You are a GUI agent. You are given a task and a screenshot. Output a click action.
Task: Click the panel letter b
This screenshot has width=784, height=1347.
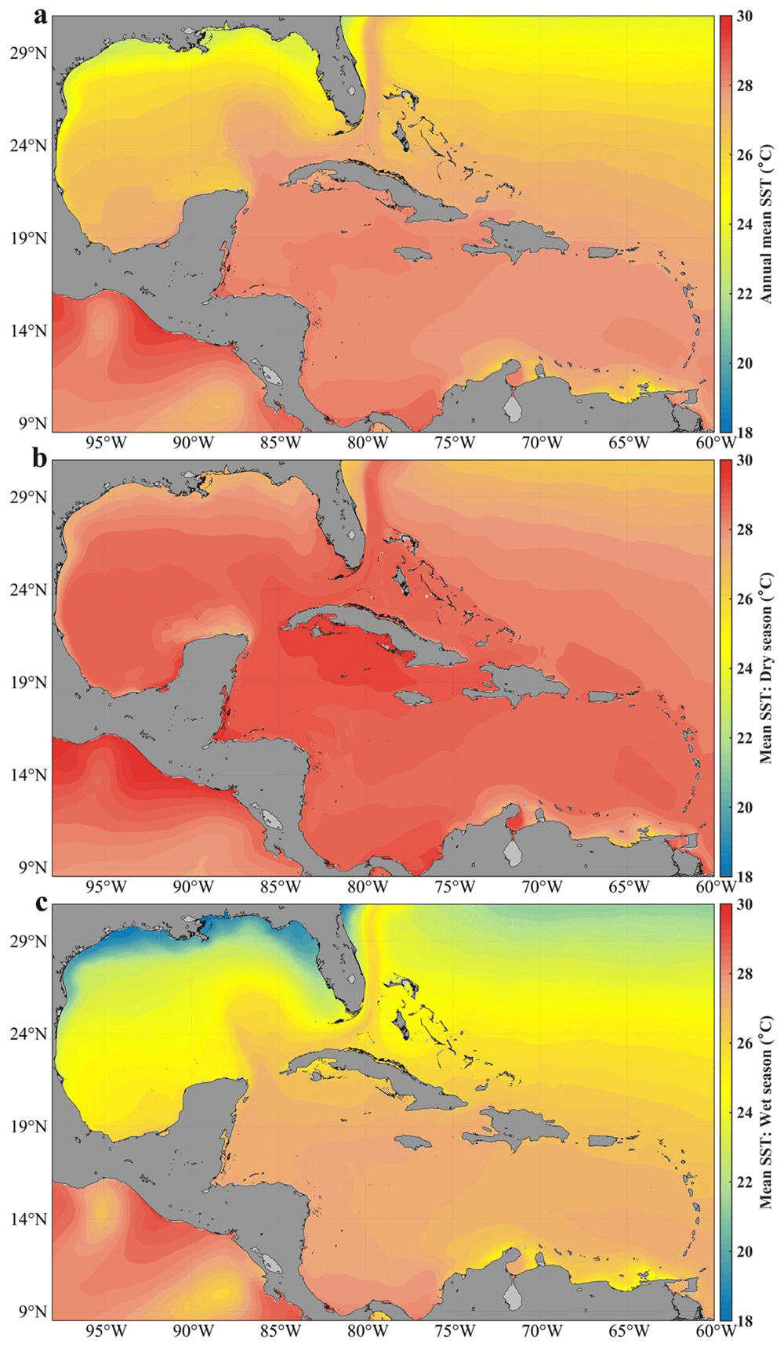(x=40, y=458)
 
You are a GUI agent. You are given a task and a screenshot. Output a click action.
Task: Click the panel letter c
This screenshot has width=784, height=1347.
(x=40, y=903)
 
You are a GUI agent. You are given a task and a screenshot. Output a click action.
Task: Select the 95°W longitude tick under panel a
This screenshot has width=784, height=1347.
(x=105, y=443)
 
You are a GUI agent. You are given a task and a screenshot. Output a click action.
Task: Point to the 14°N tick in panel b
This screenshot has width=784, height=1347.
(x=28, y=775)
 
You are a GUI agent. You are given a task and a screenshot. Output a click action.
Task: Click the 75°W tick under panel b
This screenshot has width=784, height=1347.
(x=455, y=887)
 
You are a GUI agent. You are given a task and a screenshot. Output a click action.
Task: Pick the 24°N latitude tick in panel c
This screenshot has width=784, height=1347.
(x=28, y=1034)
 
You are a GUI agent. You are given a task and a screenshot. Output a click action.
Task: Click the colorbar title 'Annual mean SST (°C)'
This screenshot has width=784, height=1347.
(x=766, y=223)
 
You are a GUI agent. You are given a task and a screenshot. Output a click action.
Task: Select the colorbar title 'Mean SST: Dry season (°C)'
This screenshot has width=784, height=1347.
(x=766, y=668)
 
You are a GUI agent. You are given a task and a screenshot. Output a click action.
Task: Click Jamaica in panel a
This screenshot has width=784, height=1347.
(x=413, y=255)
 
